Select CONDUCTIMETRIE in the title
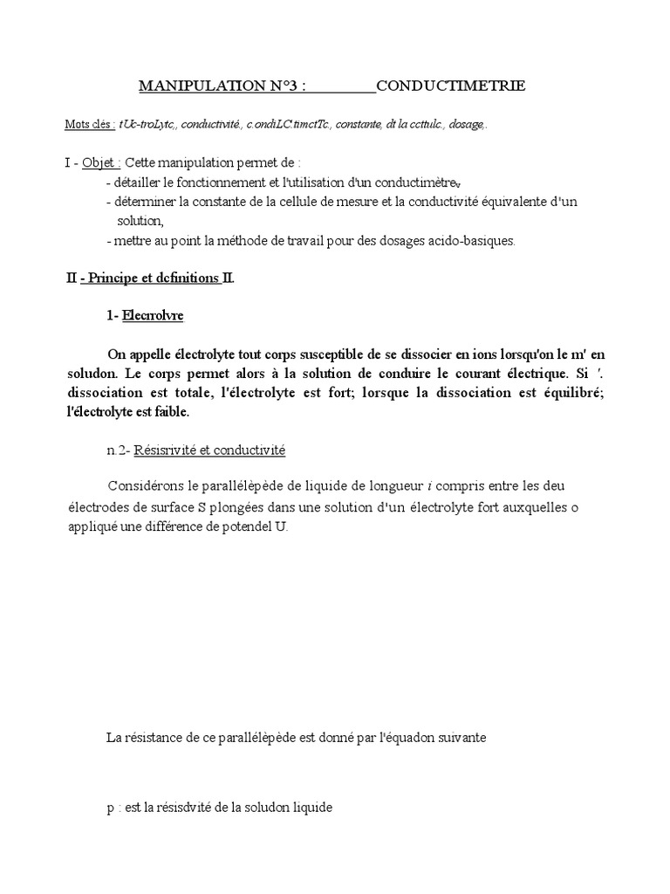450,86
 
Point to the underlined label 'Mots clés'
90,125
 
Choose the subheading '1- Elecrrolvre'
145,316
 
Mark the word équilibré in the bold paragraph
565,392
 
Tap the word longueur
379,485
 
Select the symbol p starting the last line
110,808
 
